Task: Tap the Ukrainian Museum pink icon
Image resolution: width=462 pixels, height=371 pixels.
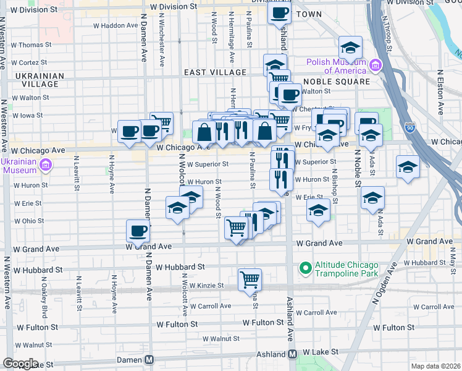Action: click(44, 165)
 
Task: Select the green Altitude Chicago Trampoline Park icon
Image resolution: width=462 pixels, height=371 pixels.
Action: click(304, 268)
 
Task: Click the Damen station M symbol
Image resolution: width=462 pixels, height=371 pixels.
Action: click(149, 359)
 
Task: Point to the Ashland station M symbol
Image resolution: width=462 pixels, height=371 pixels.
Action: click(292, 354)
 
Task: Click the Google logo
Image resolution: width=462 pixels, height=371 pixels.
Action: click(20, 364)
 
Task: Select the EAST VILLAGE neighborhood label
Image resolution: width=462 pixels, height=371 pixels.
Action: click(216, 72)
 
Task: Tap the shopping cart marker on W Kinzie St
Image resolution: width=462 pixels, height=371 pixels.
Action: click(250, 279)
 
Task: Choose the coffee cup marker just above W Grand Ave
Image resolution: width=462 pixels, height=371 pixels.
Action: click(138, 231)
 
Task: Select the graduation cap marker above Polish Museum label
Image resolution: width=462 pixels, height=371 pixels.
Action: click(350, 48)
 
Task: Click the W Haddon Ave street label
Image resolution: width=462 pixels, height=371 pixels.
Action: click(115, 26)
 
